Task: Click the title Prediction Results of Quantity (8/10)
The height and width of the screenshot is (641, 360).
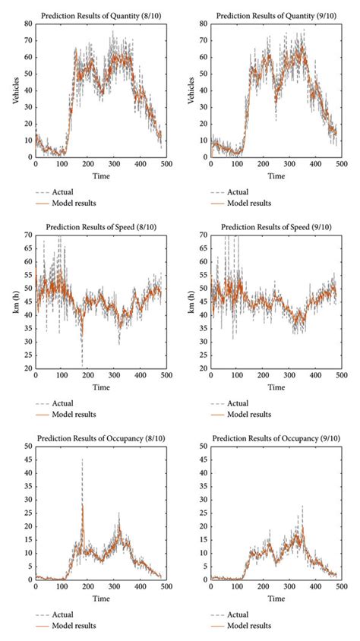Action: click(x=100, y=16)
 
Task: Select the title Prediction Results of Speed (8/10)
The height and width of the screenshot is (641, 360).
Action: click(x=100, y=226)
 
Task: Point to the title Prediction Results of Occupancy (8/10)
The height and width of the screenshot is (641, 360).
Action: click(x=100, y=438)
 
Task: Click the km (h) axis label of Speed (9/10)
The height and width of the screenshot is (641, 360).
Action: click(x=189, y=302)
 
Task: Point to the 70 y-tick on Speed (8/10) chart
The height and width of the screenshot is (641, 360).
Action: click(x=27, y=235)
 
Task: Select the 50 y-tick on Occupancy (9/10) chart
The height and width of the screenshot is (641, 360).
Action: click(x=202, y=447)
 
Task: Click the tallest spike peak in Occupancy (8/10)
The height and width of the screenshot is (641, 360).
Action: click(x=82, y=459)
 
